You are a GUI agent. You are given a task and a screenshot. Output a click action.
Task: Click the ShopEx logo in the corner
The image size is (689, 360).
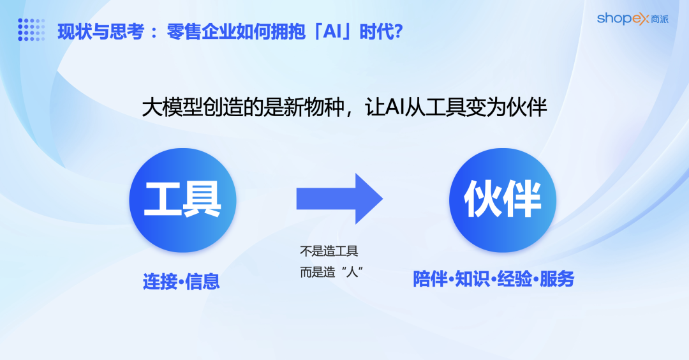(x=632, y=19)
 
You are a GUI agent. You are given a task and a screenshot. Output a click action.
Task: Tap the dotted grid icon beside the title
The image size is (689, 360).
(x=31, y=29)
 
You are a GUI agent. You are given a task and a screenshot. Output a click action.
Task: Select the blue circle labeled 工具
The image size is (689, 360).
(x=183, y=199)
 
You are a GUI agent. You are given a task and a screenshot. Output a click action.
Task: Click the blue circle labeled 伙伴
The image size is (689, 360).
(x=503, y=199)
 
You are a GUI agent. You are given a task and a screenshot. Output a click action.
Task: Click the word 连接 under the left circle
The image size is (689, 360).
(x=160, y=281)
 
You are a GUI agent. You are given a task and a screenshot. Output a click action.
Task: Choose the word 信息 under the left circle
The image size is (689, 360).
(x=203, y=281)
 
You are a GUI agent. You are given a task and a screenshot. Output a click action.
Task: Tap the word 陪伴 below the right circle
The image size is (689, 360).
(x=430, y=279)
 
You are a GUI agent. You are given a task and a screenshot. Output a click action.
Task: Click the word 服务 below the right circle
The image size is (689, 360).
(x=557, y=279)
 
